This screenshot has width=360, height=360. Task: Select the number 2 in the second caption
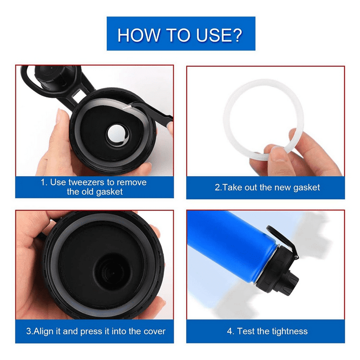pyautogui.click(x=217, y=187)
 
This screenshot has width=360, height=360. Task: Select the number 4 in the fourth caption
pyautogui.click(x=230, y=331)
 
